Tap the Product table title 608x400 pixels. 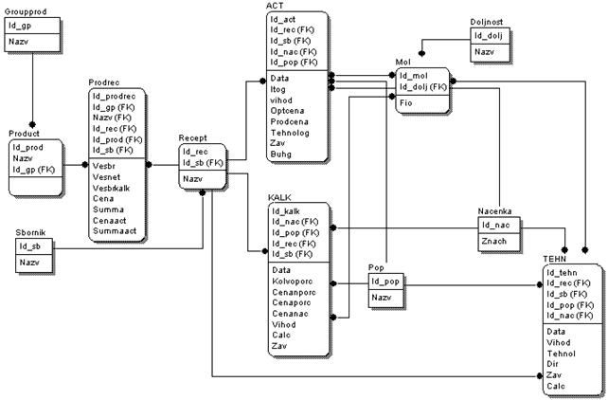25,135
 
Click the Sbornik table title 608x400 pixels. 30,232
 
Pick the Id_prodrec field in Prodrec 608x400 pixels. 114,96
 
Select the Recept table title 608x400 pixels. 193,138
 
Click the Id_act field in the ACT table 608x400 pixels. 283,18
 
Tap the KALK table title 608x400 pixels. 280,195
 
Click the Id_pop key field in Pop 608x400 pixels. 382,282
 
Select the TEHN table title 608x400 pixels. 555,258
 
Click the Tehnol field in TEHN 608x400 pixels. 563,353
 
